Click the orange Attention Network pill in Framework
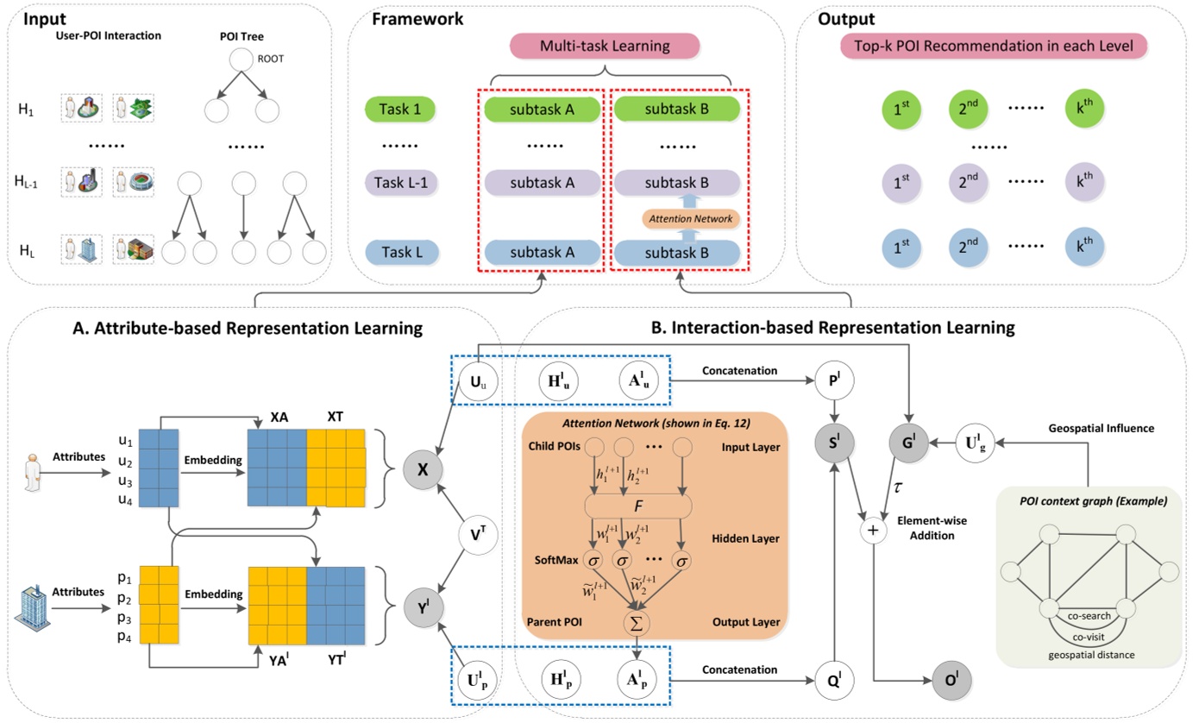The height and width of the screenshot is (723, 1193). click(677, 218)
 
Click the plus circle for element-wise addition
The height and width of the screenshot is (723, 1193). click(875, 531)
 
